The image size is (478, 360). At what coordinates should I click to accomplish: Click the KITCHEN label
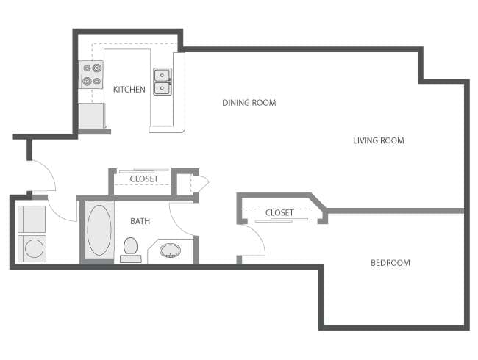coord(129,90)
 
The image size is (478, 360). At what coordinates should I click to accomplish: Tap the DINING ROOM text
coord(249,103)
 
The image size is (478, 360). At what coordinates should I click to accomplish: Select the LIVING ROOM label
coord(378,140)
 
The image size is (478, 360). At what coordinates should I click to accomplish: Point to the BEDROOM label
coord(390,262)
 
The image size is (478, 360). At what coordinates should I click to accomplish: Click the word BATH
coord(140,221)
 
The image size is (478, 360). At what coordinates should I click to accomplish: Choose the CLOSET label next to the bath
coord(143,179)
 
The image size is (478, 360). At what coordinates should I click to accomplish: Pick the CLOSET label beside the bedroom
coord(279,213)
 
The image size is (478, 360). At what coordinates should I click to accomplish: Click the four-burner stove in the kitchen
coord(92,76)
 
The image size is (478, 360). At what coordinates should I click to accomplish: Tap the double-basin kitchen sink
coord(162,82)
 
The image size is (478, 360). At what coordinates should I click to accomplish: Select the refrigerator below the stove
coord(92,116)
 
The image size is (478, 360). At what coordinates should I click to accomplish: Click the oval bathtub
coord(99,231)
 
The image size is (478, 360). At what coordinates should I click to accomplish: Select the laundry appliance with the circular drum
coord(32,248)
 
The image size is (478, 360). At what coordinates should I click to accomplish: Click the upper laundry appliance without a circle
coord(32,219)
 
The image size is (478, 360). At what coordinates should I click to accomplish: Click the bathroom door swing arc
coord(181,217)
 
